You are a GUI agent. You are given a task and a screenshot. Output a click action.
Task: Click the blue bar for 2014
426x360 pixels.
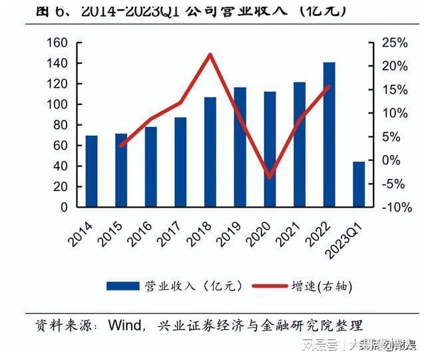pyautogui.click(x=91, y=171)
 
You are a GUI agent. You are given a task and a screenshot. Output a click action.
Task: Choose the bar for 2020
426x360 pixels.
pyautogui.click(x=270, y=149)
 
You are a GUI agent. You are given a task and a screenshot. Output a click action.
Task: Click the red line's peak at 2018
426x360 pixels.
pyautogui.click(x=210, y=54)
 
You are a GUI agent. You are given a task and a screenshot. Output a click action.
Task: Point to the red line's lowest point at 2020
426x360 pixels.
pyautogui.click(x=270, y=177)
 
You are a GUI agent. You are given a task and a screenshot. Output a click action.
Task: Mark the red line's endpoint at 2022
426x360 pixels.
pyautogui.click(x=329, y=86)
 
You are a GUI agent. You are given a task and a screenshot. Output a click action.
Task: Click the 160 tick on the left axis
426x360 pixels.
pyautogui.click(x=59, y=43)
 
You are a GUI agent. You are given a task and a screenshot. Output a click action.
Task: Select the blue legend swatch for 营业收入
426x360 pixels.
pyautogui.click(x=122, y=286)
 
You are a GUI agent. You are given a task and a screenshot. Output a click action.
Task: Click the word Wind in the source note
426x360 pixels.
pyautogui.click(x=124, y=325)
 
